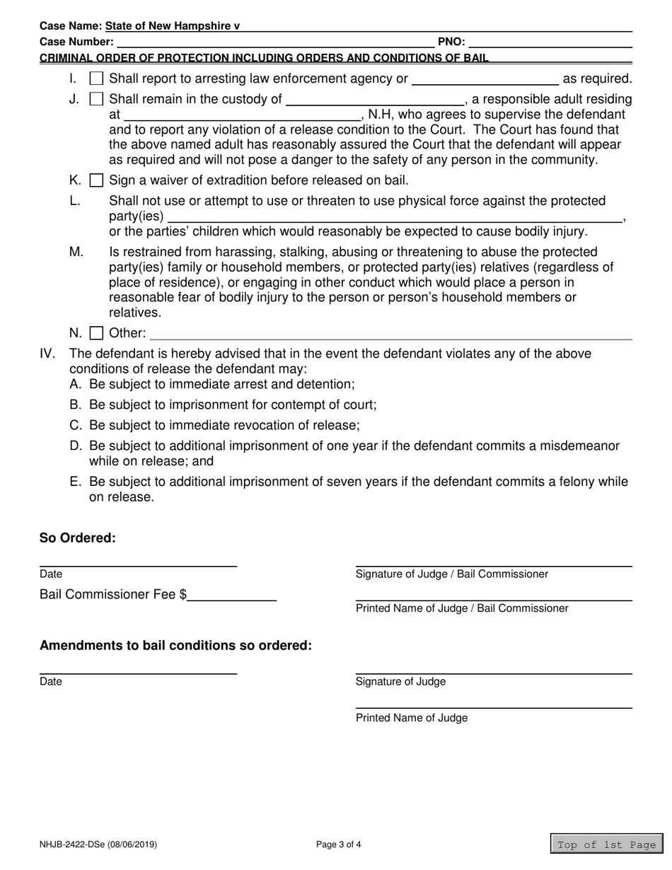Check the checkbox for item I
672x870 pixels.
point(97,79)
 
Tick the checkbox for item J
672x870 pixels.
point(97,100)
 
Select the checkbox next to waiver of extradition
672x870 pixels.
point(97,180)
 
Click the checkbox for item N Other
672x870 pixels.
point(97,333)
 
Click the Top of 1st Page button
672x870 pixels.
point(606,845)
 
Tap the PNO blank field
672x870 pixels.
point(550,42)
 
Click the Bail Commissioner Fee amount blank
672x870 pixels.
point(232,595)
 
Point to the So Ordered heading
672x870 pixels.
point(77,538)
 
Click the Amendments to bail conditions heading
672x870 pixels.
point(175,645)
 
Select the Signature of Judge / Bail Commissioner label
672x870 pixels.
point(451,574)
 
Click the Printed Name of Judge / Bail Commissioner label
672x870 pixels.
point(461,608)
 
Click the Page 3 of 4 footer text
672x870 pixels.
point(339,845)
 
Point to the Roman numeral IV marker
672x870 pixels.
point(47,354)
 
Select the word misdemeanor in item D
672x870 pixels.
point(579,446)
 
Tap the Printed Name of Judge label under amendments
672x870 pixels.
point(411,718)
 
